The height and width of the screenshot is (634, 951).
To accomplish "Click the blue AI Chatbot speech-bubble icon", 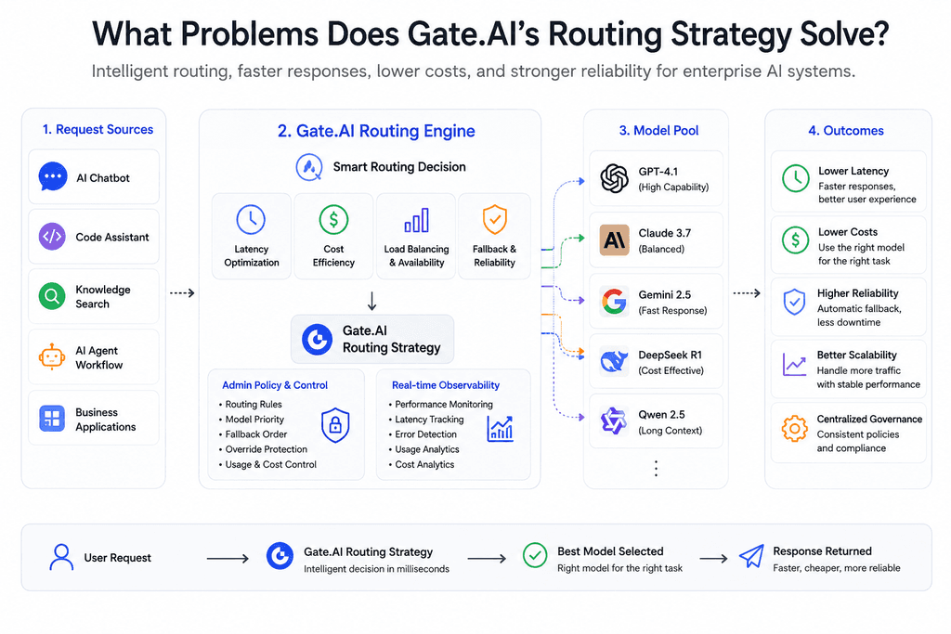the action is pos(53,177).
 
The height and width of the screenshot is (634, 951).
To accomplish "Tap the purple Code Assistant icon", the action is pos(52,237).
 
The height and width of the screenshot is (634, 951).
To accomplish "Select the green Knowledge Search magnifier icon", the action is pos(52,296).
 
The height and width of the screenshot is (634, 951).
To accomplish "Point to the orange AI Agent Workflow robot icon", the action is pos(52,356).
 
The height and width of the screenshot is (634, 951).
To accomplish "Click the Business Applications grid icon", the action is pos(52,419).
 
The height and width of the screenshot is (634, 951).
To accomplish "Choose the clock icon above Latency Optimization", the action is pos(251,219).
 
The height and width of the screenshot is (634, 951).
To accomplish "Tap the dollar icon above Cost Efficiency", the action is pos(333,219).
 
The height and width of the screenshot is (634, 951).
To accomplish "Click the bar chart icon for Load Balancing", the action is pos(417,220).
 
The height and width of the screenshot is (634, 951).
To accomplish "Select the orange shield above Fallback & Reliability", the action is pos(495,219).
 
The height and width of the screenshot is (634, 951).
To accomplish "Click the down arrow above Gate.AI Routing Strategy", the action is pos(371,301).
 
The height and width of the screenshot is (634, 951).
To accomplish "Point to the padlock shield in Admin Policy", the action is pos(335,425).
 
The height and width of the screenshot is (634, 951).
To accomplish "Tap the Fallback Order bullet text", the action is pos(256,434).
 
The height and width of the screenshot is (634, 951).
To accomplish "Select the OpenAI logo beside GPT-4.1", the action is pos(615,178).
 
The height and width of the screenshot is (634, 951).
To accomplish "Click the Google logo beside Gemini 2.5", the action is pos(615,302).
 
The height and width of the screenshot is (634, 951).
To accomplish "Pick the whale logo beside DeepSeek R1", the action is pos(615,362).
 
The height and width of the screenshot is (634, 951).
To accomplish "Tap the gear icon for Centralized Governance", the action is pos(795,429).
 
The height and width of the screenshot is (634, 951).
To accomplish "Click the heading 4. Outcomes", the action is pos(846,130).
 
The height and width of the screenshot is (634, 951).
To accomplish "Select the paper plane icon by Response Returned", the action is pos(751,556).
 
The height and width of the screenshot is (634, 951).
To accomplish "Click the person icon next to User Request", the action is pos(61,557).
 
